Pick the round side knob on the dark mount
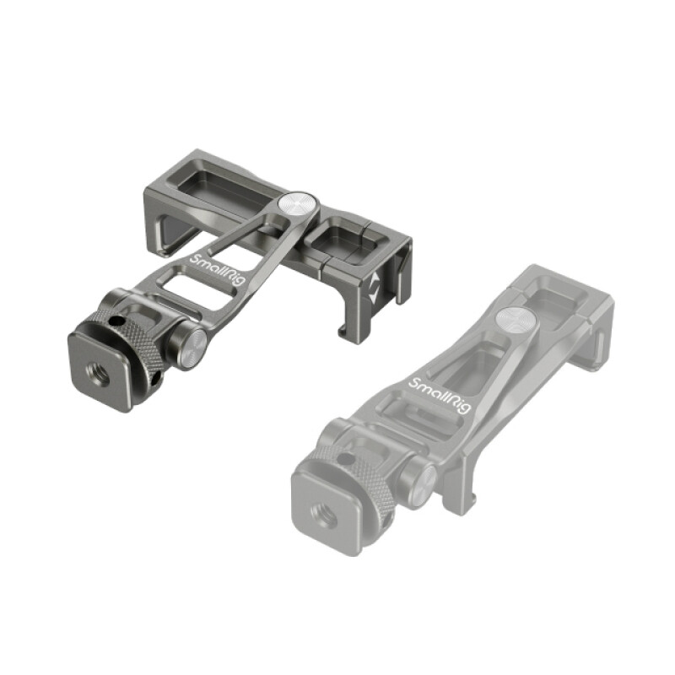pyautogui.click(x=188, y=345)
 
